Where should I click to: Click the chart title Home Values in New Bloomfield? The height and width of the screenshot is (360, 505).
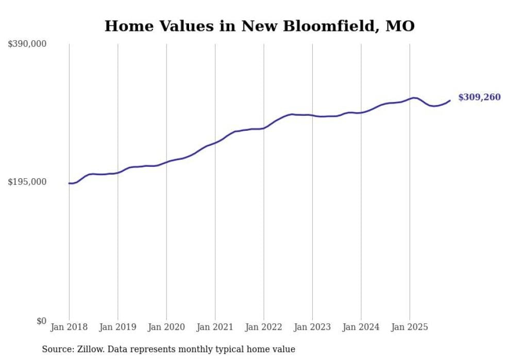click(259, 26)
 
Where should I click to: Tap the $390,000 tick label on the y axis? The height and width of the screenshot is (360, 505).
click(27, 44)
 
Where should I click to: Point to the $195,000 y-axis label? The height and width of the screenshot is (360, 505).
click(27, 182)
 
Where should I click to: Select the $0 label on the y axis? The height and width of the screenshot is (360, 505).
click(41, 321)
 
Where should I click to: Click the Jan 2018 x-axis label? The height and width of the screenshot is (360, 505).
click(69, 327)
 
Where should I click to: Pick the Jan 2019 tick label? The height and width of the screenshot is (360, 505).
click(117, 327)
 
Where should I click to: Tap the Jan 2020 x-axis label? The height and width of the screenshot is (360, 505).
click(166, 327)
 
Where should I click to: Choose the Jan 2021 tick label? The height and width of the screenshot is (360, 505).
click(215, 327)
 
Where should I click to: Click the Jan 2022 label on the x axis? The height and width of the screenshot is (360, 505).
click(264, 327)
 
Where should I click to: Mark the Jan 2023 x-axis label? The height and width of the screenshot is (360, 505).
click(312, 327)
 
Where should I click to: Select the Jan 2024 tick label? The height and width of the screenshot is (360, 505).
click(361, 327)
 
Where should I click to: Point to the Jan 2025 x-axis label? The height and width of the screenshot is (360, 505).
click(410, 327)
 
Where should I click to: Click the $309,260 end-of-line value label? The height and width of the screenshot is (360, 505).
click(479, 97)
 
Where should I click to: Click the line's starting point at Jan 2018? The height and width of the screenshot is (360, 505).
click(69, 183)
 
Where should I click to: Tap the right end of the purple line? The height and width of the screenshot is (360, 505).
click(450, 100)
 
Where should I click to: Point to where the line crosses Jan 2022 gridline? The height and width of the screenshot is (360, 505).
click(264, 128)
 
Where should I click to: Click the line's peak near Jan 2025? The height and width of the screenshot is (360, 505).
click(413, 97)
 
